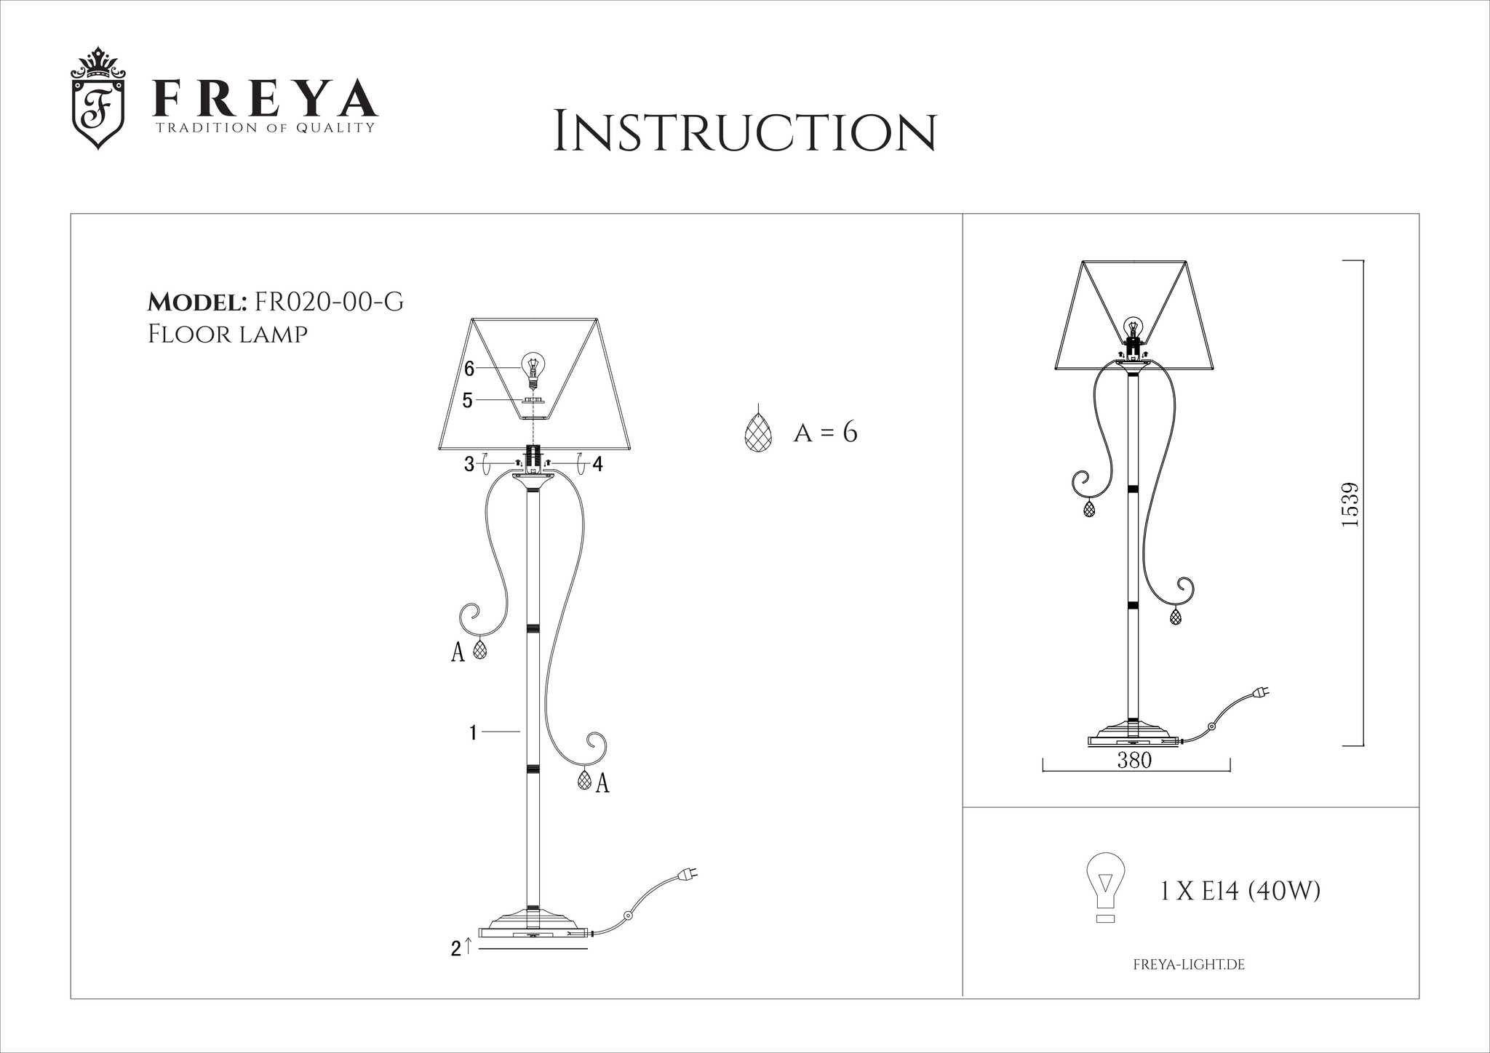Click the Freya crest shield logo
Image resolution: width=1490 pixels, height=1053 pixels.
click(98, 99)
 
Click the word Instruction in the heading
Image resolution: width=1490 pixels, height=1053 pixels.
click(745, 132)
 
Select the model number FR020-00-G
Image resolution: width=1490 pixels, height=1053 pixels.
click(327, 302)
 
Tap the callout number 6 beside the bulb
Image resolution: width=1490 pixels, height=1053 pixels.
click(469, 369)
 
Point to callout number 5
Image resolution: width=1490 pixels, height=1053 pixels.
click(468, 401)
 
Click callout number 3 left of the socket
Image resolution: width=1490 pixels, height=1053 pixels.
click(469, 464)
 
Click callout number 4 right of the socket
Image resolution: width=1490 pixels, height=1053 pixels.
click(597, 464)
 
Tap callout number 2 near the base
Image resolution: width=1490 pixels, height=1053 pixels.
click(455, 948)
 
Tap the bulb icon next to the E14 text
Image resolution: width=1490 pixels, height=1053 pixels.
click(1104, 887)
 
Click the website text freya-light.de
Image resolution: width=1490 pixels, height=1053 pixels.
click(1190, 965)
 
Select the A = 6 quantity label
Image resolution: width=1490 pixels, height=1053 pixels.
click(826, 433)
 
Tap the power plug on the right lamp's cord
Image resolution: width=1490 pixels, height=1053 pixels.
click(1261, 692)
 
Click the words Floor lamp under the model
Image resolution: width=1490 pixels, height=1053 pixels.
click(228, 335)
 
